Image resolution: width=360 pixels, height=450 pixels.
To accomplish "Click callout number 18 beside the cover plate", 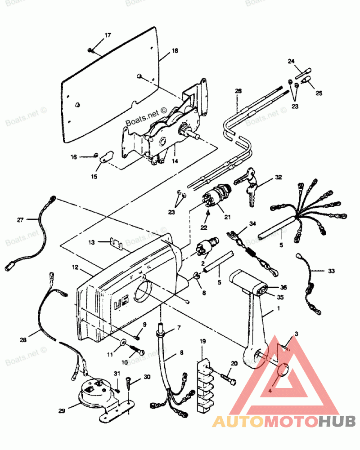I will (175, 51).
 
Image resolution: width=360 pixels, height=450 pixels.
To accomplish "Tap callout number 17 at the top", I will (108, 35).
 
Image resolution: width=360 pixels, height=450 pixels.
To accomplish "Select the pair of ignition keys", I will (247, 184).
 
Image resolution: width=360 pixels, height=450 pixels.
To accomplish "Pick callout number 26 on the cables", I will (238, 91).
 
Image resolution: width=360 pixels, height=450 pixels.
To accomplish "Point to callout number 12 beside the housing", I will (74, 267).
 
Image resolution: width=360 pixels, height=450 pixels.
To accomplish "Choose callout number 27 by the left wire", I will (20, 220).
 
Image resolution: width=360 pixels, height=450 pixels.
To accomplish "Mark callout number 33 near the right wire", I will (332, 271).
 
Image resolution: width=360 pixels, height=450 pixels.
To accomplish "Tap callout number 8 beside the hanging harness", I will (181, 353).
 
